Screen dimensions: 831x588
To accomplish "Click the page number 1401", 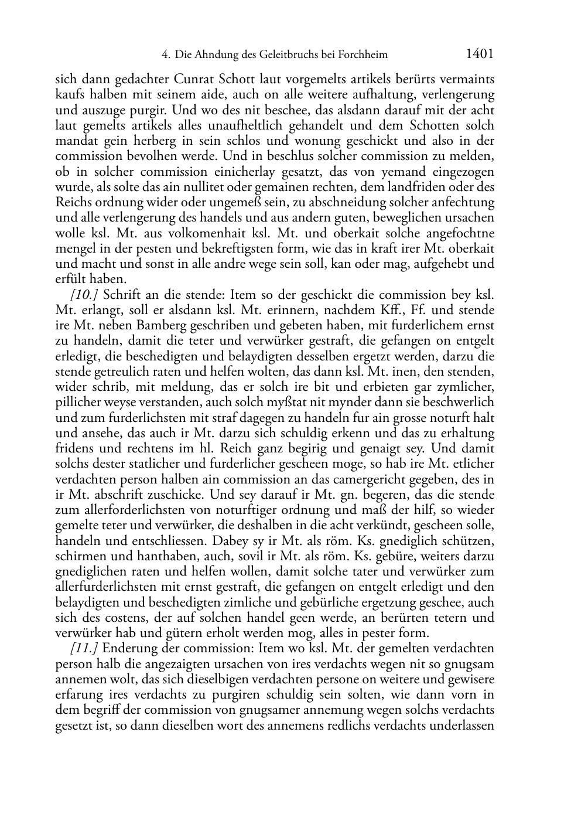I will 480,55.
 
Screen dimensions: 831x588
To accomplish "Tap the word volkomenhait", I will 199,233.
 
